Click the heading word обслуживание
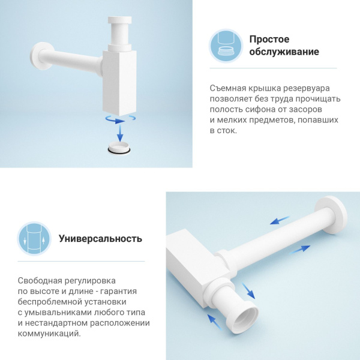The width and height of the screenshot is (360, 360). [284, 52]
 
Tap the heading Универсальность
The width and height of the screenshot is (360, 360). [100, 238]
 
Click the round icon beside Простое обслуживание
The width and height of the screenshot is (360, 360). [226, 46]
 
